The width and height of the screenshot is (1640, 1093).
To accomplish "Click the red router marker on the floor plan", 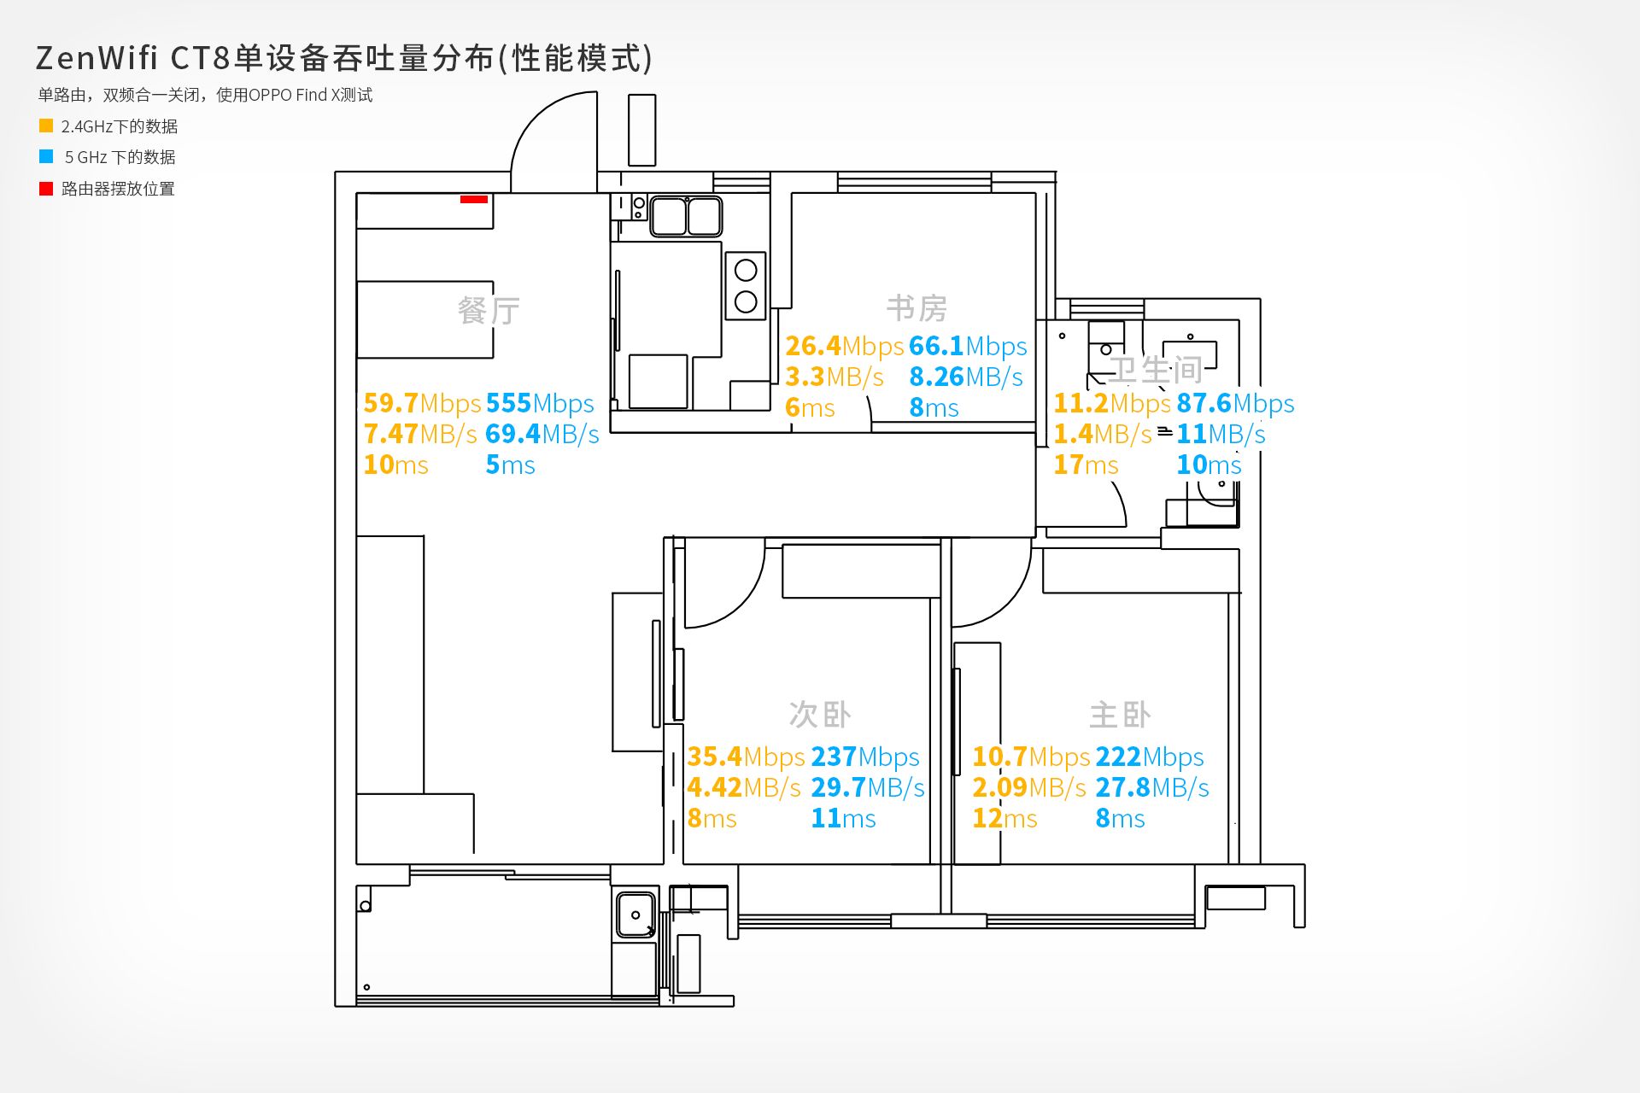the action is coord(474,199).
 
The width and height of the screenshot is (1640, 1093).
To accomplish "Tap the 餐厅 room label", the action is coord(489,310).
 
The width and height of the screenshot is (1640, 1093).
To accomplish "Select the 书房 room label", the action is coord(917,308).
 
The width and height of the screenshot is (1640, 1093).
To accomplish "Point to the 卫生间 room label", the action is coord(1156,370).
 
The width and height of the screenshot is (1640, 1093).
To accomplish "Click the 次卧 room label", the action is coord(820,715).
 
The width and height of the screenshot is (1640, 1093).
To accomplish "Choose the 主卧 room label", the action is coord(1120,715).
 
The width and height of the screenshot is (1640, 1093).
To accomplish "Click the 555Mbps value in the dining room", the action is coord(540,403).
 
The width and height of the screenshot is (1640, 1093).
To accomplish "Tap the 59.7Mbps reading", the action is coord(422,403).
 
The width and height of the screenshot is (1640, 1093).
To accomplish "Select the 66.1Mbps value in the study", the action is coord(968,346).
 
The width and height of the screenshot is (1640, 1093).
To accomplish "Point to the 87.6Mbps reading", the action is coord(1235,403).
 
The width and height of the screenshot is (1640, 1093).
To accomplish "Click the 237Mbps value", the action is coord(865,757).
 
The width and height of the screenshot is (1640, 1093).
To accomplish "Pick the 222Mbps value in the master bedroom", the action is coord(1150,757).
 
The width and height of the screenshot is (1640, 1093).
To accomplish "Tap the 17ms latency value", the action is coord(1086,465).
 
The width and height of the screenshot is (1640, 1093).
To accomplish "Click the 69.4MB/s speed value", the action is coord(542,434).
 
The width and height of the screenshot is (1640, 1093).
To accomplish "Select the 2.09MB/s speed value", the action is coord(1029,787).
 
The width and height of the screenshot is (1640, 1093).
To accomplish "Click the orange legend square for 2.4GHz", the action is coord(46,126).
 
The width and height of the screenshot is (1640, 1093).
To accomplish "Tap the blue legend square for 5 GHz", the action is coord(46,156).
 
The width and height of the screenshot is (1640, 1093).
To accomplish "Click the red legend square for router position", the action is coord(46,189).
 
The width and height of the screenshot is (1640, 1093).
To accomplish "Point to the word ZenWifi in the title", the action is coord(97,58).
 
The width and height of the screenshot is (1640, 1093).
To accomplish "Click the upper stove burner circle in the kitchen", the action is coord(746,271).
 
